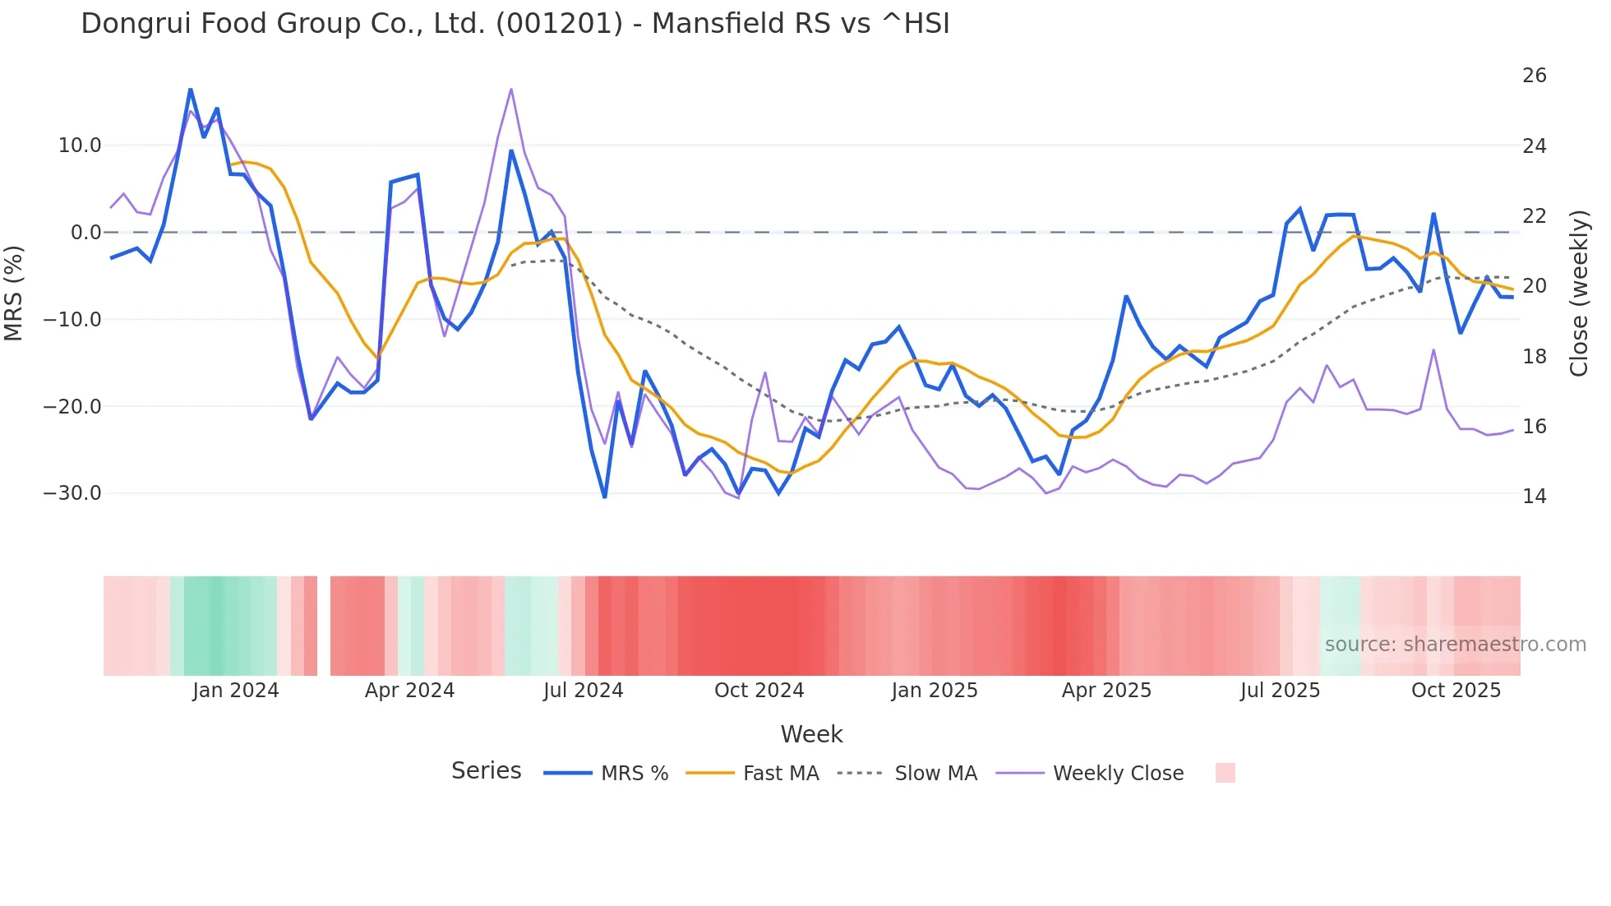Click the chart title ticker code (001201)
pyautogui.click(x=559, y=24)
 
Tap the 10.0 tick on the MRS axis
pyautogui.click(x=80, y=146)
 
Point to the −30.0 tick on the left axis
pyautogui.click(x=72, y=493)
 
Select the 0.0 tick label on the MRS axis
pyautogui.click(x=85, y=233)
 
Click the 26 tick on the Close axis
pyautogui.click(x=1534, y=76)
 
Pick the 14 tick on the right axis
pyautogui.click(x=1534, y=497)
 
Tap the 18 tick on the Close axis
pyautogui.click(x=1534, y=357)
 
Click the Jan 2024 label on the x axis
pyautogui.click(x=236, y=691)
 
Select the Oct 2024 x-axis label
pyautogui.click(x=759, y=691)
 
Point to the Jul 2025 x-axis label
pyautogui.click(x=1280, y=691)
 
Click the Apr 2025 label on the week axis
pyautogui.click(x=1106, y=691)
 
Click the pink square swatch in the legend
pyautogui.click(x=1225, y=773)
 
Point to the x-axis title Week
pyautogui.click(x=811, y=734)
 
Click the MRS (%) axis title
pyautogui.click(x=14, y=293)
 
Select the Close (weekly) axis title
pyautogui.click(x=1579, y=293)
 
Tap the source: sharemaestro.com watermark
pyautogui.click(x=1455, y=645)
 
